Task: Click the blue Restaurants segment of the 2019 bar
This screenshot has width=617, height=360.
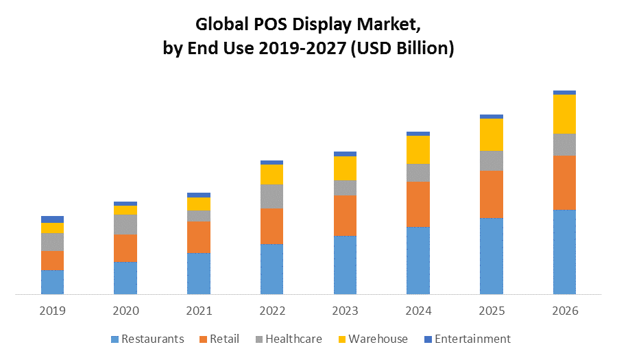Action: [52, 282]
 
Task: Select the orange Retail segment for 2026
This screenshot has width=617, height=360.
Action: [564, 182]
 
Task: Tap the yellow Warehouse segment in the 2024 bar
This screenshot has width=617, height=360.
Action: [418, 149]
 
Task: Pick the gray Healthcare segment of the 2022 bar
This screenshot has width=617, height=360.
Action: [271, 196]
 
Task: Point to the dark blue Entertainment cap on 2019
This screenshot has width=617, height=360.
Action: [52, 219]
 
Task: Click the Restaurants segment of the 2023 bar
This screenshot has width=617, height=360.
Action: [345, 265]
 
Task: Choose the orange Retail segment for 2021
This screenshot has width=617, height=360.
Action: [199, 237]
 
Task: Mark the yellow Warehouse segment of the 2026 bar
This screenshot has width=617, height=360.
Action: [564, 114]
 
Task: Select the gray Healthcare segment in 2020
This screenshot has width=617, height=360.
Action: [125, 224]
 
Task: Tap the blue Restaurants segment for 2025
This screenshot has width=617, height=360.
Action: [491, 256]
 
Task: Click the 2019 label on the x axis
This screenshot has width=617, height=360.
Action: [52, 311]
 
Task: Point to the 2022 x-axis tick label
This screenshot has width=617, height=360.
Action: [271, 311]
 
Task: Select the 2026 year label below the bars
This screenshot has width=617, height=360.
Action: [564, 311]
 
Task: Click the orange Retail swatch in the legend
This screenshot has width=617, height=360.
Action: [203, 339]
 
